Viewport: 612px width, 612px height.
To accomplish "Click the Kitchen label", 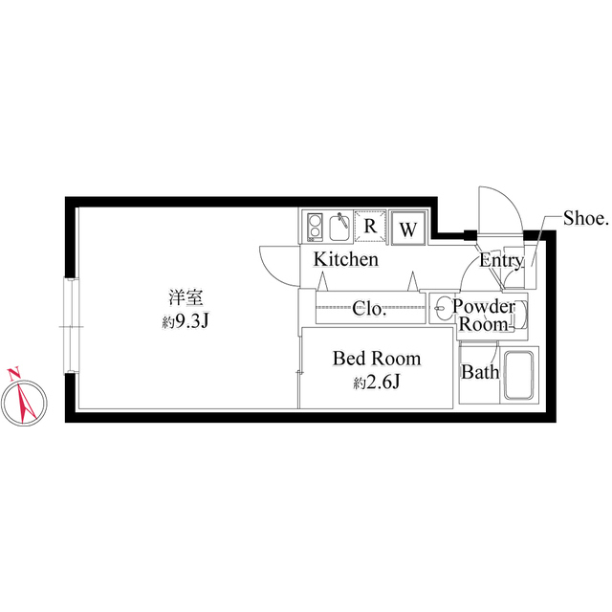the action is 346,259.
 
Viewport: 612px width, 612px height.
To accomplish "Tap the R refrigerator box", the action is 370,227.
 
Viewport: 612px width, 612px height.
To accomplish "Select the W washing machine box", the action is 408,229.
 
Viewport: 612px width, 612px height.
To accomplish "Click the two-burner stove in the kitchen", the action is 315,227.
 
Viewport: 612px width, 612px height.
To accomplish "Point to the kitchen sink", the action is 339,227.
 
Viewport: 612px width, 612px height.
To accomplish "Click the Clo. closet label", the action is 369,309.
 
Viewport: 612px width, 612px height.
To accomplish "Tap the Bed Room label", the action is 377,359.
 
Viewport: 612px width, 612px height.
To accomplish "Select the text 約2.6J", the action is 377,382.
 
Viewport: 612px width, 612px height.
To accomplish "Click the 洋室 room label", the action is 186,297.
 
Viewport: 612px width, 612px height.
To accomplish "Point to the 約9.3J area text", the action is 186,322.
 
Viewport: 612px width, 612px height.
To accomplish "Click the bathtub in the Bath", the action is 518,376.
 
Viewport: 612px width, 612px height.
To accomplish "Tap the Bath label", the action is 480,372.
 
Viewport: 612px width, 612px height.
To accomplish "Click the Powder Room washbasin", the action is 442,308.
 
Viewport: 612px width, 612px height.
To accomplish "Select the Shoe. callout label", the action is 586,219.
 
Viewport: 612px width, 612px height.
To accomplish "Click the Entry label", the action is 501,261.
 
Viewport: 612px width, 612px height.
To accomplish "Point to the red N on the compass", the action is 14,374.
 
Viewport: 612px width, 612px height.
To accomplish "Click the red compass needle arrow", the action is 27,403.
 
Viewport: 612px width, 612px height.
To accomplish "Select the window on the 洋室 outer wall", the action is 72,326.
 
